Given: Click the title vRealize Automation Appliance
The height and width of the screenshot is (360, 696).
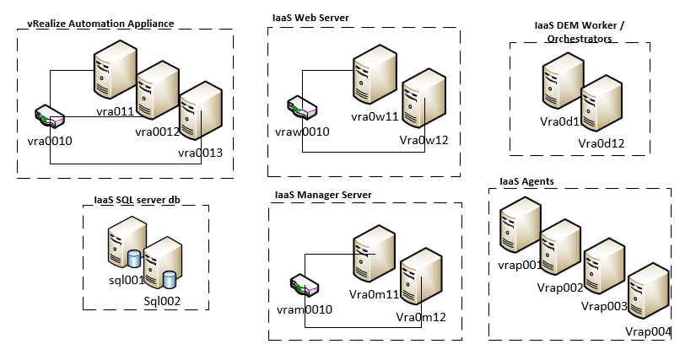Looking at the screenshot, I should pyautogui.click(x=100, y=24).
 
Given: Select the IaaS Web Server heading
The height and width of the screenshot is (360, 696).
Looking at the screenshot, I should pyautogui.click(x=310, y=18).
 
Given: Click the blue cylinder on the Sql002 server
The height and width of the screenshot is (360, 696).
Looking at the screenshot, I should pyautogui.click(x=170, y=278).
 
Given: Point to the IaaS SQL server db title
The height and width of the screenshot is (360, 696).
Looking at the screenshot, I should pyautogui.click(x=138, y=200).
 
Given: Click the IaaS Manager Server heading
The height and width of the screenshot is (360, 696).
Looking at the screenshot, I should pyautogui.click(x=323, y=196).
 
